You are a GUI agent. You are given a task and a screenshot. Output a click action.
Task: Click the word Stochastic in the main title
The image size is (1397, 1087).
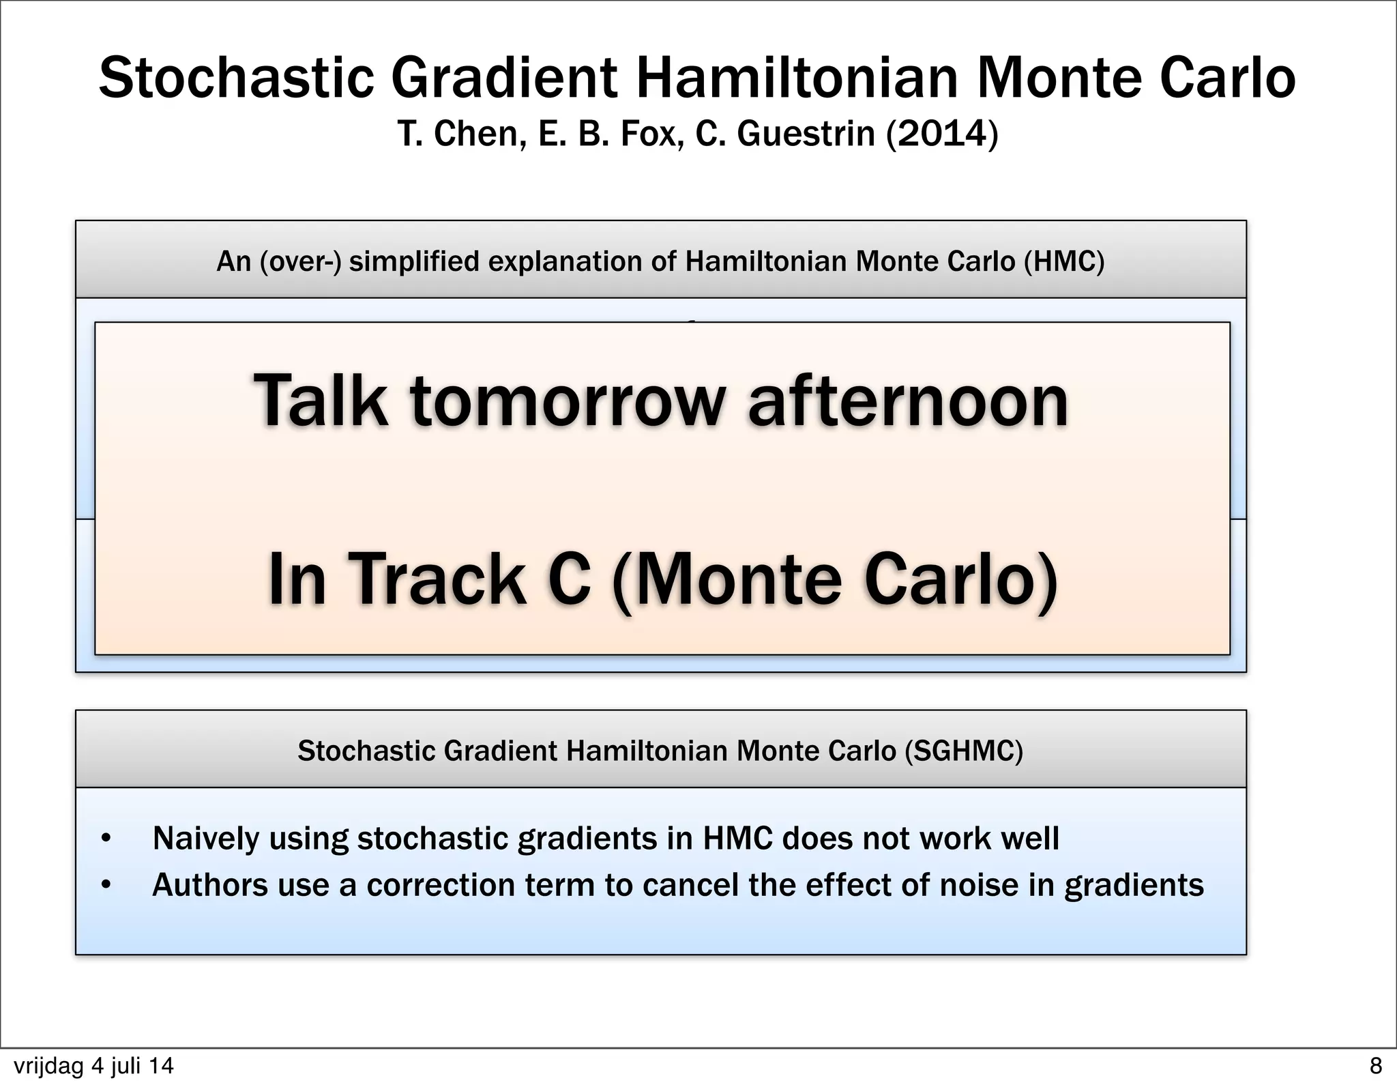[x=236, y=78]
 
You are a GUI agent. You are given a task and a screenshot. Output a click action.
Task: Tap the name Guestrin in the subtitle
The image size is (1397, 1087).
[x=805, y=133]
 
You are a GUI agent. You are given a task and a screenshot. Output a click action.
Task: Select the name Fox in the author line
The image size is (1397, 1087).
[x=651, y=133]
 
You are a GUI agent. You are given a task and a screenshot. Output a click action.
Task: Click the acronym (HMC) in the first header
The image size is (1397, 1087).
[x=1063, y=261]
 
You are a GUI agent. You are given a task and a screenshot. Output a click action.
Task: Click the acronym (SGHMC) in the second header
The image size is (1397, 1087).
[x=964, y=751]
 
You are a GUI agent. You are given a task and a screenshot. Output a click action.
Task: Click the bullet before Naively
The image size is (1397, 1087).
[x=106, y=839]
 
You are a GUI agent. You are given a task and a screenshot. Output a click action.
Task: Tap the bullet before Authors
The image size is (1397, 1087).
[x=106, y=885]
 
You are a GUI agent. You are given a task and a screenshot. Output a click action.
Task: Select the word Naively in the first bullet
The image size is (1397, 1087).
[x=205, y=838]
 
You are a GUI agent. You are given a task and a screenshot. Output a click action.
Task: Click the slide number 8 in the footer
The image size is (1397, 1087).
[x=1375, y=1065]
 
